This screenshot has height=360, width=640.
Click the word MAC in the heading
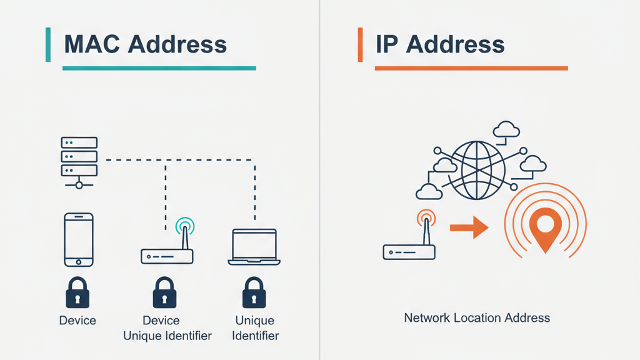point(91,44)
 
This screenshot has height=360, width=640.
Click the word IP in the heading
point(386,44)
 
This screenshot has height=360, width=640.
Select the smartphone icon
point(79,239)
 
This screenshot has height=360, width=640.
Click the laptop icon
point(254,246)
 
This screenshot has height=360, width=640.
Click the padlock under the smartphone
point(77,293)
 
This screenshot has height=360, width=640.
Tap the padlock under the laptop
point(254,293)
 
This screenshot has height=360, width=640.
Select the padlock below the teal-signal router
point(165,293)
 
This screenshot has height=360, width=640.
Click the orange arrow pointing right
point(469,227)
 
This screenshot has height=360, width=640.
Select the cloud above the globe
point(506,129)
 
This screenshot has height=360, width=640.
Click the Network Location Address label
point(477,317)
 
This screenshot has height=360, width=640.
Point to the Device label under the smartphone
point(77,321)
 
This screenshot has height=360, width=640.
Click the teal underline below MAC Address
point(159,67)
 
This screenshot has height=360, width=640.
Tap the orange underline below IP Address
point(471,67)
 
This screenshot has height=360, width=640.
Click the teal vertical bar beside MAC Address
point(48,44)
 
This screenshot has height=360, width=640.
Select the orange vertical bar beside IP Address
point(360,44)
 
